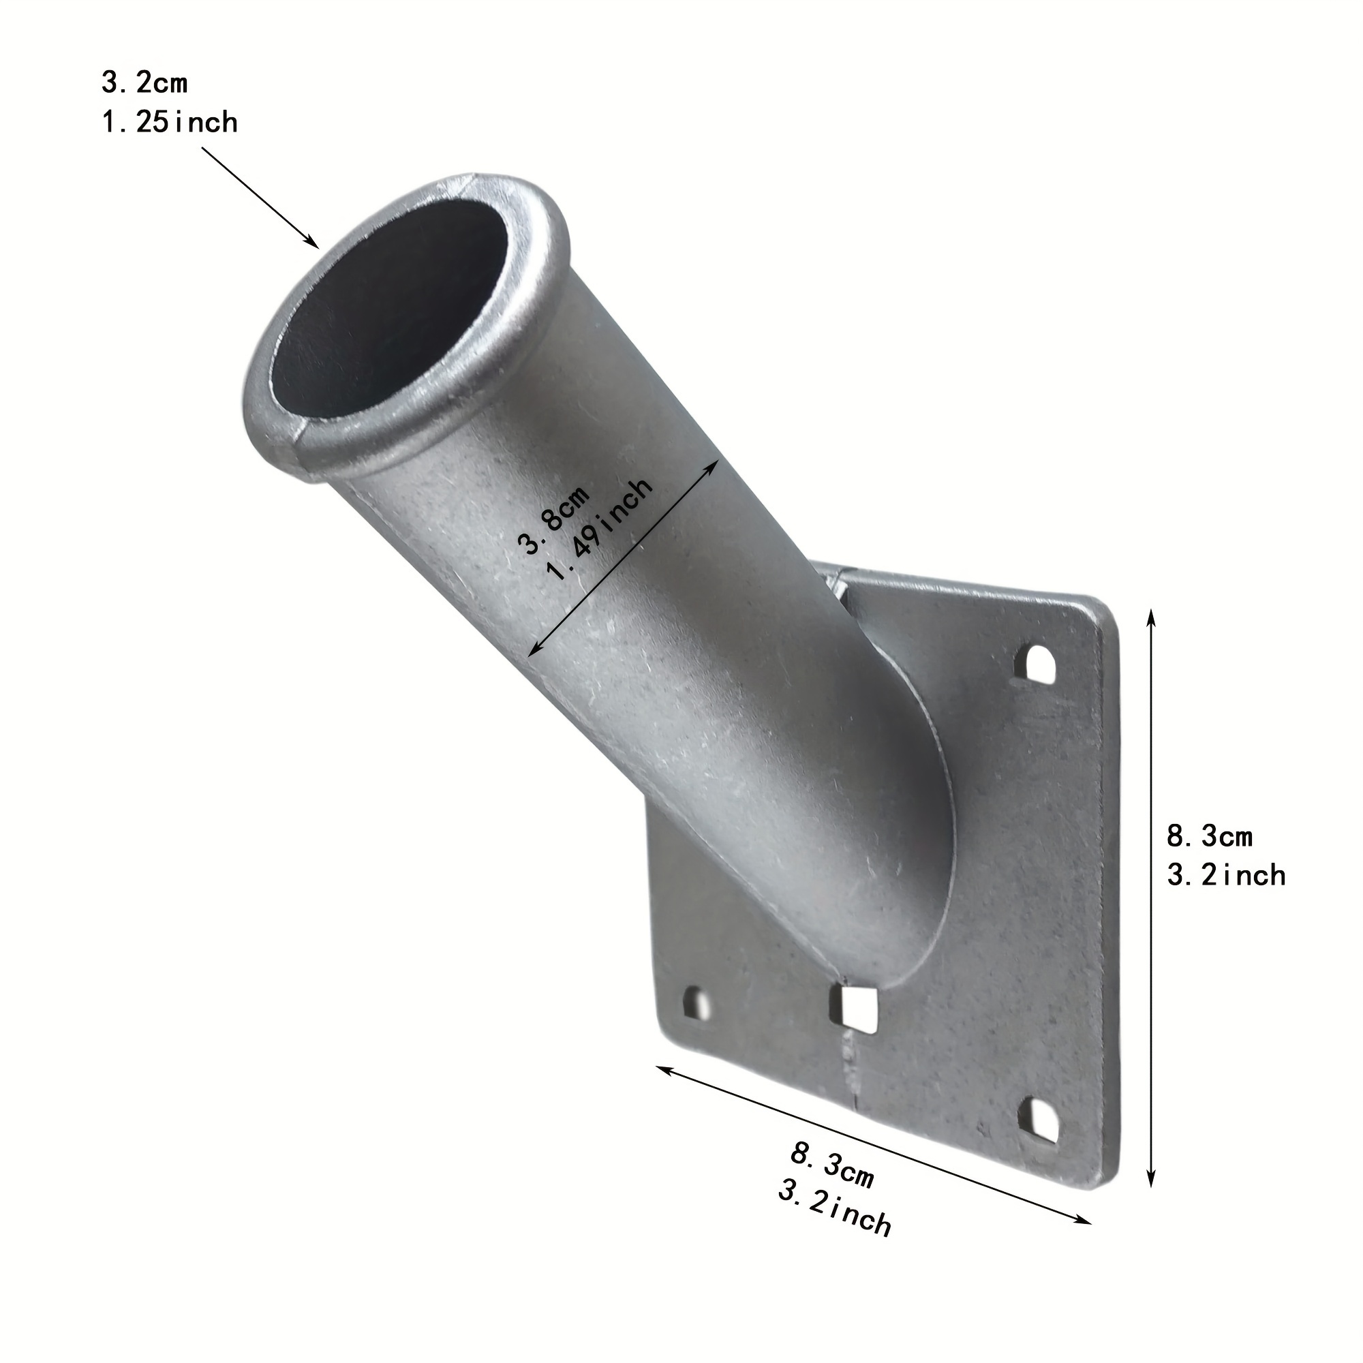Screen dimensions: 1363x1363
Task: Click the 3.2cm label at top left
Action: pyautogui.click(x=144, y=83)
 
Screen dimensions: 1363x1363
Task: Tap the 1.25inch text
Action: pyautogui.click(x=170, y=123)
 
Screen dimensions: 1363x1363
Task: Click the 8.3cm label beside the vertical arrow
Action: pyautogui.click(x=1209, y=837)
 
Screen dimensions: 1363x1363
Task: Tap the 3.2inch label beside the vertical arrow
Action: pyautogui.click(x=1226, y=876)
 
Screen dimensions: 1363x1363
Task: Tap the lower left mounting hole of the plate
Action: pyautogui.click(x=696, y=1002)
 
